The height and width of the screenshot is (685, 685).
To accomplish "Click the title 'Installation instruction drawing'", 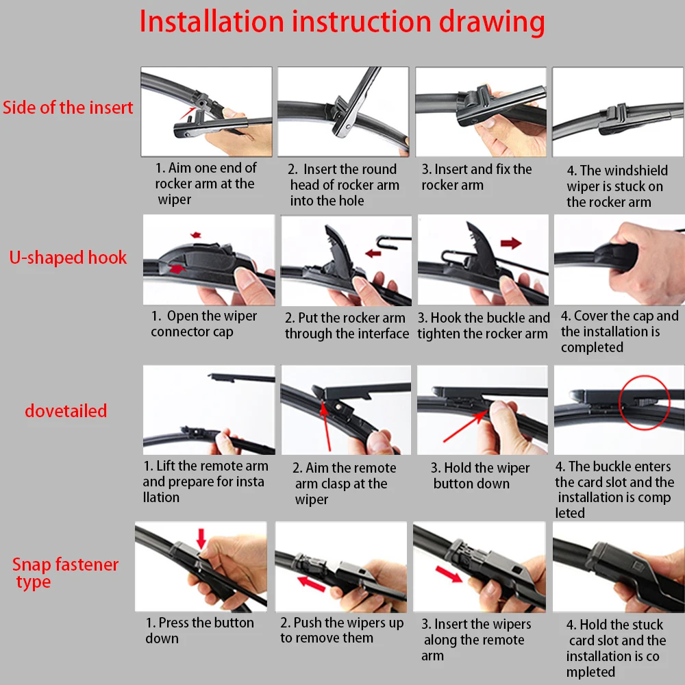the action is [342, 22].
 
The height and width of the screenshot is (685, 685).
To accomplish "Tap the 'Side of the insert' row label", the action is [68, 108].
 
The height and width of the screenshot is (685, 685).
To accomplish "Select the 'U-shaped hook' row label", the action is [68, 258].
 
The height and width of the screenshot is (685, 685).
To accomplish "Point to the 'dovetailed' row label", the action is [66, 410].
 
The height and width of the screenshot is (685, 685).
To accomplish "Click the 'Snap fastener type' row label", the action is [65, 573].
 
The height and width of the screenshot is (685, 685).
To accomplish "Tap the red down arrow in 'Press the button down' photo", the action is [201, 538].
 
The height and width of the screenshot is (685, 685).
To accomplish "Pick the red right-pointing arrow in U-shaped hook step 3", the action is [511, 243].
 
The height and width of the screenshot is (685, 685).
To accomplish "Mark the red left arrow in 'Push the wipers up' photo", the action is [312, 584].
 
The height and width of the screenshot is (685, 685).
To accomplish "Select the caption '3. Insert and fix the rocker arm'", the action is [477, 177].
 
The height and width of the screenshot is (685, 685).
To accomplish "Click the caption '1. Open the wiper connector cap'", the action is [203, 324].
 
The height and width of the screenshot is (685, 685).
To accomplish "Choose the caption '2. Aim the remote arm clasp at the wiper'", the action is [345, 483].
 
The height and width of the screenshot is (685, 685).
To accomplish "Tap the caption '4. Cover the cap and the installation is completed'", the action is [619, 331].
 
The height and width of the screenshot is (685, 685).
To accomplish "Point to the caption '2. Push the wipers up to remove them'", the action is [342, 630].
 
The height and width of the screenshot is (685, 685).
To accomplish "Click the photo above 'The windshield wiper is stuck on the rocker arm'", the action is [618, 112].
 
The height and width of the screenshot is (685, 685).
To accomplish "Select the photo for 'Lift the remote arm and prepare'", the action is [209, 410].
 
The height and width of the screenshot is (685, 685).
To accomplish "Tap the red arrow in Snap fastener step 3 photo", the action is [449, 575].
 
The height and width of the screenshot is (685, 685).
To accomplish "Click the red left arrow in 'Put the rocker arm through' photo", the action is [373, 253].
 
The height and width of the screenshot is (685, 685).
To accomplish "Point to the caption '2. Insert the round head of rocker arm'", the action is [343, 185].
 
